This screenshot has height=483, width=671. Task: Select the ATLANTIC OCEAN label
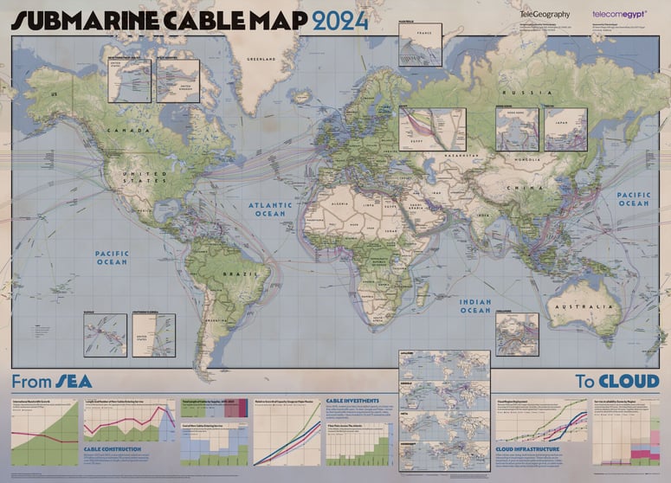click(268, 209)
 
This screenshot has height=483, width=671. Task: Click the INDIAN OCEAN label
click(474, 305)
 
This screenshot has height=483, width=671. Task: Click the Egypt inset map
click(432, 130)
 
